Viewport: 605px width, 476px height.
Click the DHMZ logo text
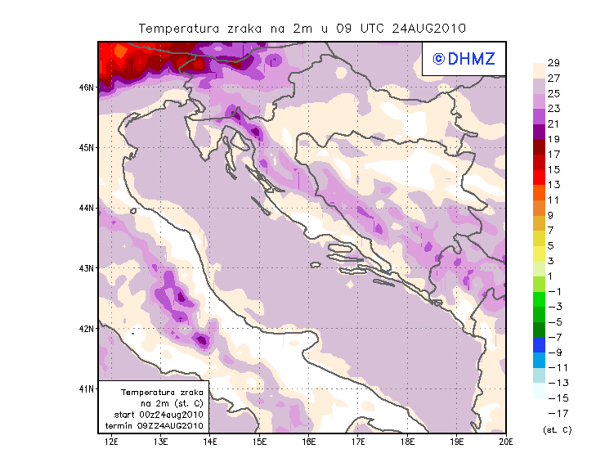tap(464, 58)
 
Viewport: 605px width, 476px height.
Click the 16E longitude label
tap(309, 442)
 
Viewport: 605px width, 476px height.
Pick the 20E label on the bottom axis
tap(505, 442)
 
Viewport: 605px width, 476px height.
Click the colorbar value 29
tap(553, 63)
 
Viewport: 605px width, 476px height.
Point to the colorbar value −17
tap(553, 413)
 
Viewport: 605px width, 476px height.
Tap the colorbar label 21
tap(553, 123)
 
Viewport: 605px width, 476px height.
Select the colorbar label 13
tap(553, 185)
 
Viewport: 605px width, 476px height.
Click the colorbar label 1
tap(552, 276)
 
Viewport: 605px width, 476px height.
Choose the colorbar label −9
tap(553, 353)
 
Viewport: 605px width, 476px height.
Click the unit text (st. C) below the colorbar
tap(557, 429)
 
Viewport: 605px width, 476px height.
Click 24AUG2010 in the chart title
tap(428, 28)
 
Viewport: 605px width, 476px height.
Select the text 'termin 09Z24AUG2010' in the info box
tap(160, 426)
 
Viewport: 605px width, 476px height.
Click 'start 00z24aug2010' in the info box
tap(161, 415)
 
